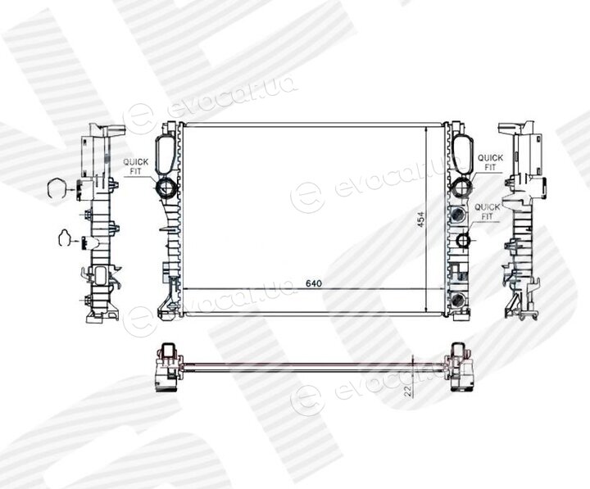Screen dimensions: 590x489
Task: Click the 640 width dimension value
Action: (313, 283)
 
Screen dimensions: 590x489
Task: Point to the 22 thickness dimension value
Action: (407, 392)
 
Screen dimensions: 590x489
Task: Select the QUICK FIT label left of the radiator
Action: (136, 166)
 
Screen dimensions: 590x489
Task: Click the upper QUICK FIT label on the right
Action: (490, 162)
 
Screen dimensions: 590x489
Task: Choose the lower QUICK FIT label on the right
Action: (488, 212)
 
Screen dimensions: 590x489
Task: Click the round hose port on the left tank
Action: (166, 188)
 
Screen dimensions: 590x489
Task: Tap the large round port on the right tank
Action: (461, 187)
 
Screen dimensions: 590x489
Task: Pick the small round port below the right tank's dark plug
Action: (463, 240)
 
